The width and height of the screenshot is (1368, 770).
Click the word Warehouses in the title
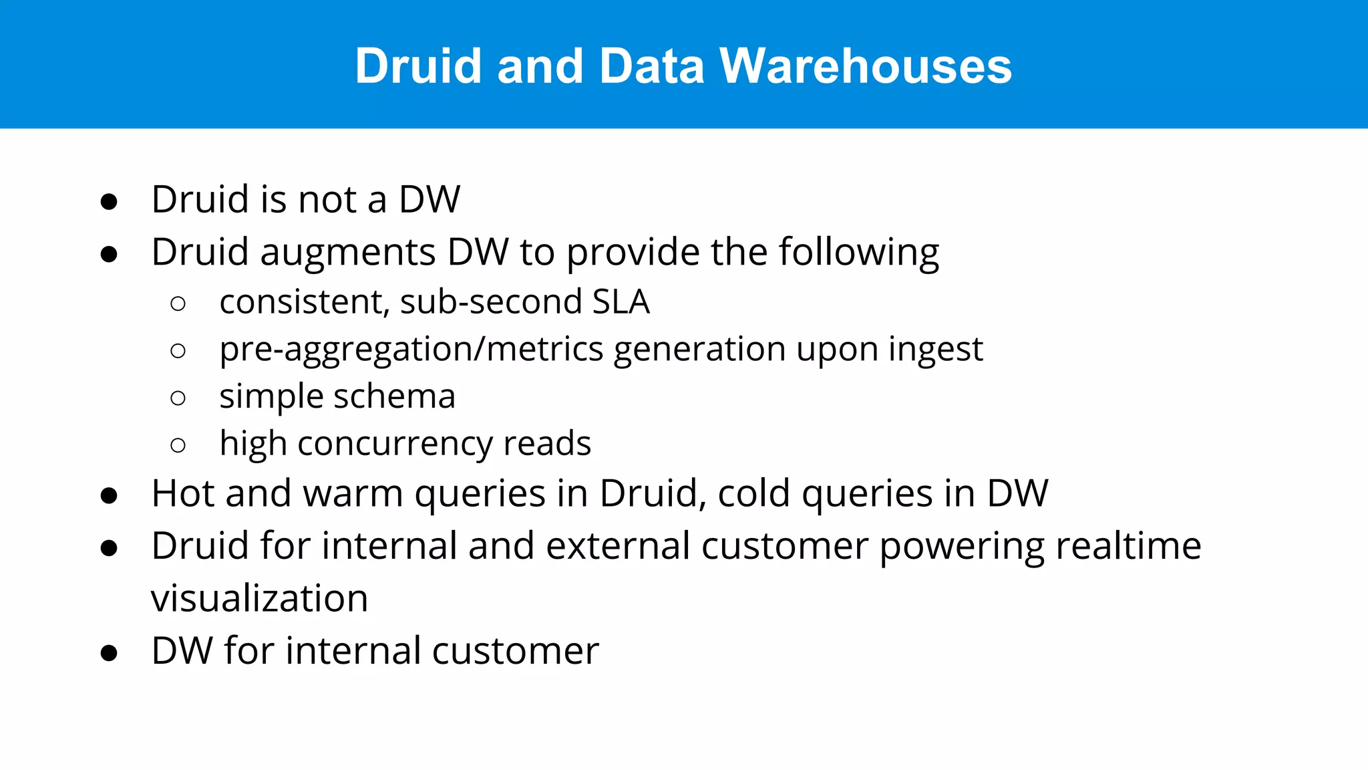pyautogui.click(x=865, y=66)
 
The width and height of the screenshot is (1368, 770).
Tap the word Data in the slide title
pyautogui.click(x=651, y=66)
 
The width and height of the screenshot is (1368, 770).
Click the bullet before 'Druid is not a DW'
pyautogui.click(x=109, y=201)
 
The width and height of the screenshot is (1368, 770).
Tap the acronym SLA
pyautogui.click(x=621, y=301)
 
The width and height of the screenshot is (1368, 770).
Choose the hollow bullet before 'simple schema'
pyautogui.click(x=178, y=398)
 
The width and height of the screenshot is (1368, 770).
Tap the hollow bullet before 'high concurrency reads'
pyautogui.click(x=178, y=445)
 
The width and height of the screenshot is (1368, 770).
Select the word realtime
pyautogui.click(x=1128, y=545)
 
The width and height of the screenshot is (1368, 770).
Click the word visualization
pyautogui.click(x=259, y=598)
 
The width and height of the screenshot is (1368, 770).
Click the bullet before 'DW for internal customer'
pyautogui.click(x=109, y=653)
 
